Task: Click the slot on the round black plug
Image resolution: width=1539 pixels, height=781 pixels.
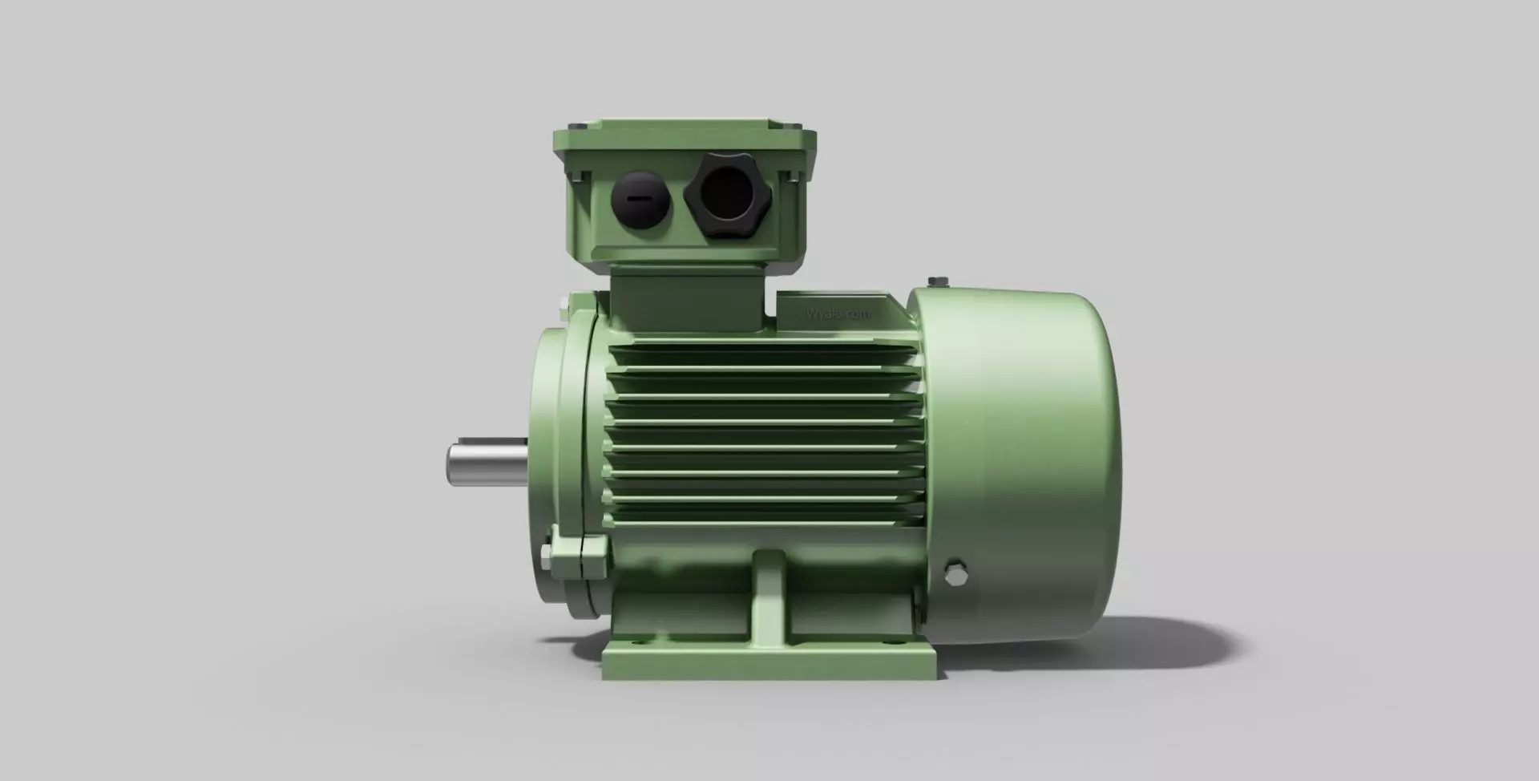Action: coord(639,199)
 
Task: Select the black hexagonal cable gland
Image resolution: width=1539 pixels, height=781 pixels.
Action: coord(725,194)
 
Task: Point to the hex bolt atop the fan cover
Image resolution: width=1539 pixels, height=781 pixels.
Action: coord(937,281)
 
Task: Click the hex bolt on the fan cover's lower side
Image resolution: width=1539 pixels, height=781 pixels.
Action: coord(955,573)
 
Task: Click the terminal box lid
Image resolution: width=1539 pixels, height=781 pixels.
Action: coord(685,140)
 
